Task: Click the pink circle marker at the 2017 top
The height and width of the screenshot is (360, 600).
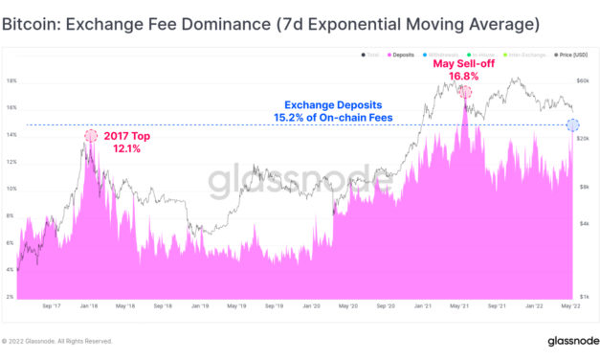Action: (x=91, y=137)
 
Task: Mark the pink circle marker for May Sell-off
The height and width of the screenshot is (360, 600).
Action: (x=465, y=92)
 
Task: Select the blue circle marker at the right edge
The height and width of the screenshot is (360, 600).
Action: (x=572, y=124)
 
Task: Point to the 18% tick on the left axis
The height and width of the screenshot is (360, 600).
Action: (x=11, y=81)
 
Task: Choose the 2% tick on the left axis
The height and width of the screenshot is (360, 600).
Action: (x=11, y=297)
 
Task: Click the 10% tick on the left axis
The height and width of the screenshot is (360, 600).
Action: (x=11, y=190)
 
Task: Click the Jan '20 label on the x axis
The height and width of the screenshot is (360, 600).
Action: (x=312, y=308)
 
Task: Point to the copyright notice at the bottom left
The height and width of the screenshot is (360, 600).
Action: (x=57, y=341)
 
